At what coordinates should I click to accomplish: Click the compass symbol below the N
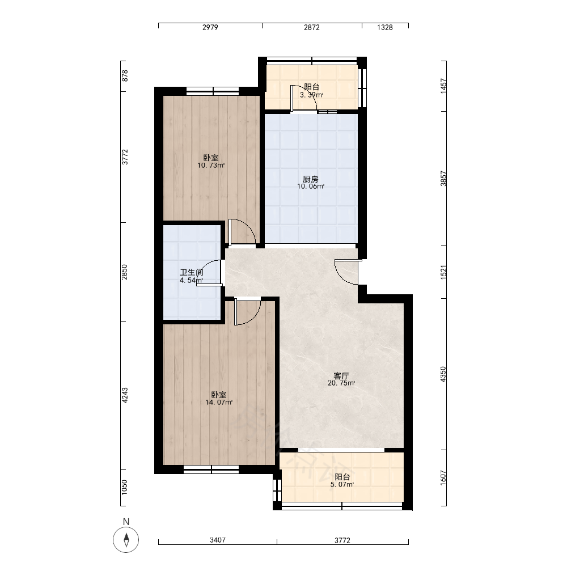click(126, 540)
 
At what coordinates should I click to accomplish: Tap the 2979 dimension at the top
click(210, 27)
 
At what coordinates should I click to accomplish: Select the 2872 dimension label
click(312, 27)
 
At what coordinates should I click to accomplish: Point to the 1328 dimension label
click(385, 27)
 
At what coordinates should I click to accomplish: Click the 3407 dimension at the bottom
click(218, 540)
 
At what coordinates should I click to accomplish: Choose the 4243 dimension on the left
click(124, 396)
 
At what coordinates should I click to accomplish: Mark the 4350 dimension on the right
click(443, 374)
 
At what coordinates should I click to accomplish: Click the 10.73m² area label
click(211, 166)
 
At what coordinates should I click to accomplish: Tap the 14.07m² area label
click(219, 403)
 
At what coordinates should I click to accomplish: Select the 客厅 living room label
click(341, 376)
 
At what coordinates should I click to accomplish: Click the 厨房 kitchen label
click(311, 179)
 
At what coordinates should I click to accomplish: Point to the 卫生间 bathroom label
click(192, 273)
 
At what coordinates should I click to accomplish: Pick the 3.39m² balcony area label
click(311, 95)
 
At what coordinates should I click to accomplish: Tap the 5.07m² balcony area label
click(342, 485)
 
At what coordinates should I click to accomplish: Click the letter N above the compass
click(126, 522)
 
